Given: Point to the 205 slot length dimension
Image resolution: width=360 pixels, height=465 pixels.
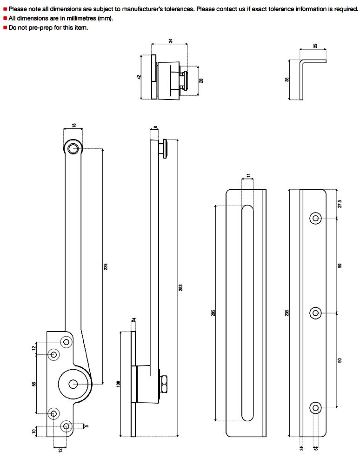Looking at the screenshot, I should point(213,313).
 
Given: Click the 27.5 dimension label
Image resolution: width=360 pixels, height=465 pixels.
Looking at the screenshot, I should point(340,204).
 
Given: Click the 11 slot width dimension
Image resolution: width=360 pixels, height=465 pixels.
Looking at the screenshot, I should point(248,176).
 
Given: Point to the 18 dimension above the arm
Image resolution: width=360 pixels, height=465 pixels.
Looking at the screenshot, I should point(73,126).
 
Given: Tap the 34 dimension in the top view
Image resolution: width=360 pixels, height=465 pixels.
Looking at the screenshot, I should point(170,41).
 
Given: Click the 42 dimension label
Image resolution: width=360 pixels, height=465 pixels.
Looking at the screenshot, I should point(139,77).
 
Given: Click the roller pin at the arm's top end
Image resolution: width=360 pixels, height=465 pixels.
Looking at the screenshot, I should point(73,148).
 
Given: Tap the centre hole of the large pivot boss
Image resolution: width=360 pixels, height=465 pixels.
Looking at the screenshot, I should point(73,384).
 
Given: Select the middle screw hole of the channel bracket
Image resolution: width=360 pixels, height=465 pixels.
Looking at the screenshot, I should point(316,313).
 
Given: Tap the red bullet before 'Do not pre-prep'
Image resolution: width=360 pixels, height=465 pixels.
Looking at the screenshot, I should point(5,27).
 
